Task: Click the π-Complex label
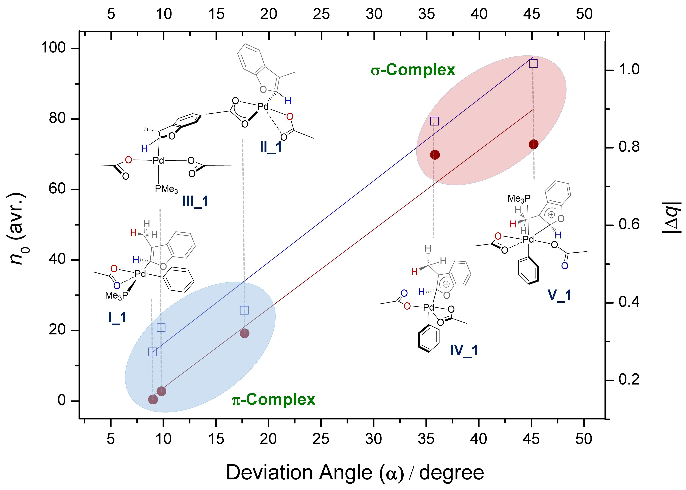[274, 400]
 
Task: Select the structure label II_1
[271, 147]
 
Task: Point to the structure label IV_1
[464, 350]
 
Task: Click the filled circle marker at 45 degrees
[533, 144]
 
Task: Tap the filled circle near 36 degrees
[435, 155]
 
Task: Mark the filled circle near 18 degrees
[244, 333]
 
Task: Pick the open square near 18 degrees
[244, 310]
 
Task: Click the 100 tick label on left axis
[54, 48]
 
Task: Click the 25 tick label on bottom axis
[321, 439]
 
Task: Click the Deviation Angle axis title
[355, 472]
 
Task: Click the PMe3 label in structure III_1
[166, 189]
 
